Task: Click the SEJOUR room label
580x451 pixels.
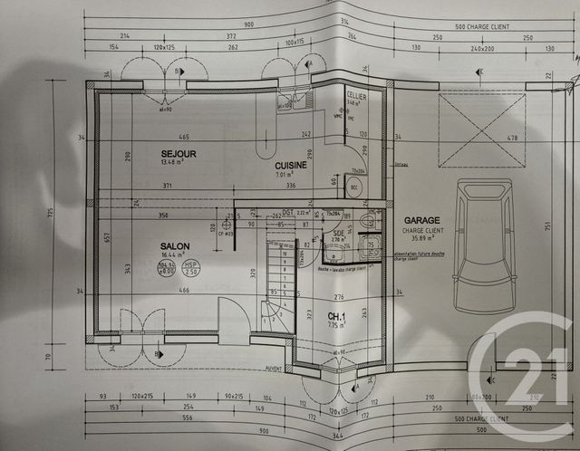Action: tap(179, 154)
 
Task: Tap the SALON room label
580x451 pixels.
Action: tap(174, 245)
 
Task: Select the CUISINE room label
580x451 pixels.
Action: tap(291, 166)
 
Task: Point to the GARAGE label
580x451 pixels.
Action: tap(422, 220)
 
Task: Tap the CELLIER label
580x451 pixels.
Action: tap(355, 94)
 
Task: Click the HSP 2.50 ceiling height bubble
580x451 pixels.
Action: tap(191, 268)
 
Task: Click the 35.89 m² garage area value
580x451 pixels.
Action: tap(422, 240)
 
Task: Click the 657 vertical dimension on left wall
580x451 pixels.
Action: tap(107, 237)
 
